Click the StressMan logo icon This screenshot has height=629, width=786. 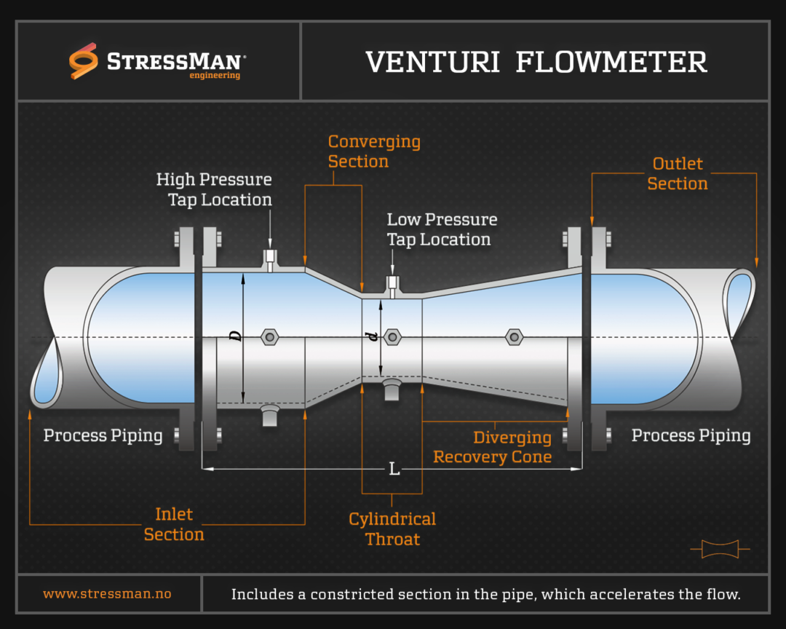coord(83,60)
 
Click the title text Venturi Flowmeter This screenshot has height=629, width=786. coord(536,62)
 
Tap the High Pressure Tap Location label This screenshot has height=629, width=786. coord(214,189)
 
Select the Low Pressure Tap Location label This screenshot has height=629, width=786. coord(442,229)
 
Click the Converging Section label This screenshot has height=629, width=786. coord(373,151)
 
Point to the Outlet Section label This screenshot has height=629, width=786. coord(677,174)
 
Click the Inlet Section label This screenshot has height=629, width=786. coord(174,524)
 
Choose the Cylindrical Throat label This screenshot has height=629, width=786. coord(392,529)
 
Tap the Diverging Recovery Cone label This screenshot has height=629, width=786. coord(493,447)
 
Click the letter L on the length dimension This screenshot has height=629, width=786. coord(394,470)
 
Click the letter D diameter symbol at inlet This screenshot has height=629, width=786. coord(235,336)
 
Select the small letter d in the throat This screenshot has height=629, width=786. coord(373,336)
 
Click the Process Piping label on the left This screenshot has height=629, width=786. coord(103,436)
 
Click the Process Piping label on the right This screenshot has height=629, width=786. coord(691,436)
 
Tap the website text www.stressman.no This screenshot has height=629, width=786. coord(107,594)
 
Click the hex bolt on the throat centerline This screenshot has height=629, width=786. coord(392,336)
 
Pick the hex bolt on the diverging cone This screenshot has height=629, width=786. coord(514,336)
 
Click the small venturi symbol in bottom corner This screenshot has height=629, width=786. coord(720,549)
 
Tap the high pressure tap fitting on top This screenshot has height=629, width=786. coord(269,259)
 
